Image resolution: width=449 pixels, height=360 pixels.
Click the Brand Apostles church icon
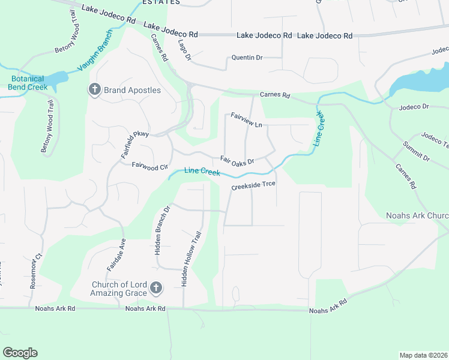pos(94,90)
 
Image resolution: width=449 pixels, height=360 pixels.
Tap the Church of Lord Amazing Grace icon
pos(155,289)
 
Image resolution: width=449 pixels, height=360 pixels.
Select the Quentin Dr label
pos(247,58)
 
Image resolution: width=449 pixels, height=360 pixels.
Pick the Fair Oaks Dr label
pos(237,160)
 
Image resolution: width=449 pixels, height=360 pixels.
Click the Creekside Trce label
pos(254,185)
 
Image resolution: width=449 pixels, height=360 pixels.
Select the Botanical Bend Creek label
pos(28,83)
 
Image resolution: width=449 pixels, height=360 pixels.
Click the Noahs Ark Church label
pos(417,215)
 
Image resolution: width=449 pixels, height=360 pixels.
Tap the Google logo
pos(20,353)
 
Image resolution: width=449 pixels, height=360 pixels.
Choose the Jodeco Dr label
pos(414,106)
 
